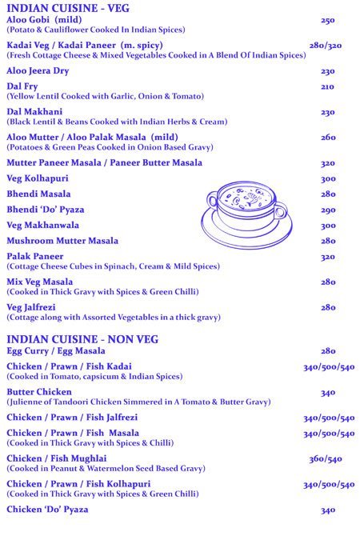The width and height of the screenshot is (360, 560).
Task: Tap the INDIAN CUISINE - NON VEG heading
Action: (x=82, y=339)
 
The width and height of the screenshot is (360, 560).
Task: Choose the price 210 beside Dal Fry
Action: (x=327, y=86)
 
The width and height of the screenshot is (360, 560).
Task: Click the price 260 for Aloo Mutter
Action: (x=328, y=138)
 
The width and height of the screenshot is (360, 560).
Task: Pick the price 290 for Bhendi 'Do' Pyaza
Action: (x=328, y=210)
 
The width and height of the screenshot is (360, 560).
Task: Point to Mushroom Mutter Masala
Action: (x=62, y=240)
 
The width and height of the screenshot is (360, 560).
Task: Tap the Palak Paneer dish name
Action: (x=35, y=256)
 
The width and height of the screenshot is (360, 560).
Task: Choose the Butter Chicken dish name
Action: (x=39, y=392)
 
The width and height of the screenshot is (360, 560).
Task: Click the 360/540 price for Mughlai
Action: (x=325, y=459)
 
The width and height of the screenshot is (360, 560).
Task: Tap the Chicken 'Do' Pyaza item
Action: (x=47, y=509)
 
